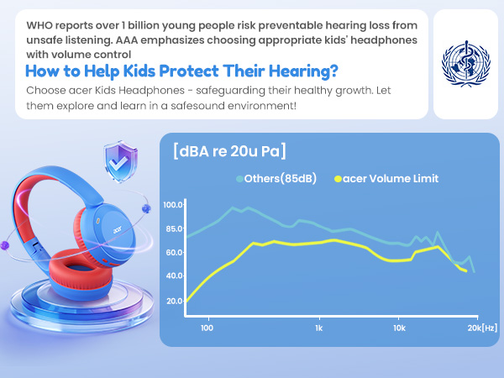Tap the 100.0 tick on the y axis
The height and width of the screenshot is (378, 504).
(x=174, y=205)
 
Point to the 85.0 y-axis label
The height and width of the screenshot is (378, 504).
(x=174, y=228)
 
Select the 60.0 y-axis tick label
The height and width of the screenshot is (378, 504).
(x=174, y=252)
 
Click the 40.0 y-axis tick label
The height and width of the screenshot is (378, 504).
(x=174, y=276)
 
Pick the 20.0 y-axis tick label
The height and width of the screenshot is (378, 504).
(x=174, y=301)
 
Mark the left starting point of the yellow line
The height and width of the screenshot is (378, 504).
(x=186, y=301)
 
